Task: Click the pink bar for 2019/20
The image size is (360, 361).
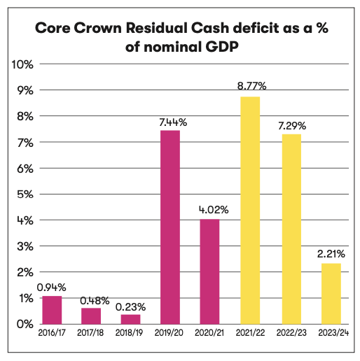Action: [170, 227]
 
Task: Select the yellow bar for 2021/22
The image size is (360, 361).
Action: [250, 211]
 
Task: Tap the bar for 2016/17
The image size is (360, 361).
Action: [52, 310]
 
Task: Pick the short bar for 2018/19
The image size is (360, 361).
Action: [130, 319]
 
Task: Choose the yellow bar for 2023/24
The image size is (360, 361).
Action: [331, 294]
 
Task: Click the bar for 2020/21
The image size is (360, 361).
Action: [209, 271]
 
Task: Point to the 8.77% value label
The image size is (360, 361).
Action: [251, 86]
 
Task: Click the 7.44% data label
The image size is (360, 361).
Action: [173, 122]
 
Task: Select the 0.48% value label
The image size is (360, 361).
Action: [95, 301]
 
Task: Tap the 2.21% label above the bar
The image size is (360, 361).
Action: [331, 254]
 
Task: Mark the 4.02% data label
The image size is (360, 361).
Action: [214, 210]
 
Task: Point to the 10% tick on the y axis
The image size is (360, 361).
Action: [22, 64]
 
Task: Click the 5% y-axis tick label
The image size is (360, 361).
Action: [25, 194]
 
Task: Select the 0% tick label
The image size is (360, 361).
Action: [25, 324]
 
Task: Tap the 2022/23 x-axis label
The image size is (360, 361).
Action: [291, 333]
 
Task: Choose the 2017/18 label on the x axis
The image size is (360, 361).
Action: [90, 333]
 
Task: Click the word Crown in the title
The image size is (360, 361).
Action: [98, 28]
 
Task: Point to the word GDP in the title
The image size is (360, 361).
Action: [222, 47]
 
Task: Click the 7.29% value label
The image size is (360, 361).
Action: [292, 126]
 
